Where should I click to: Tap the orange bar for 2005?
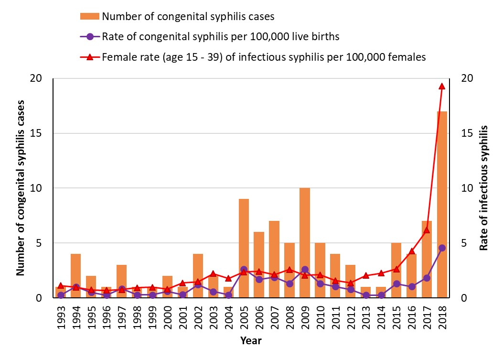[x=244, y=248]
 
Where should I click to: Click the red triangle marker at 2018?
[x=442, y=86]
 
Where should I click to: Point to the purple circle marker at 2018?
[x=442, y=248]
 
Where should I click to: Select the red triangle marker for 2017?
[x=427, y=230]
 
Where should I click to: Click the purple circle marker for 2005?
[x=244, y=270]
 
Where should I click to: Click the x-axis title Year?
[x=251, y=341]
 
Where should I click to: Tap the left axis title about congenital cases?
[x=21, y=187]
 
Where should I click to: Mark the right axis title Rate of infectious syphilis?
[x=483, y=187]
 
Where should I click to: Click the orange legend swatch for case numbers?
[x=90, y=16]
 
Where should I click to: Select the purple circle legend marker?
[x=90, y=36]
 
